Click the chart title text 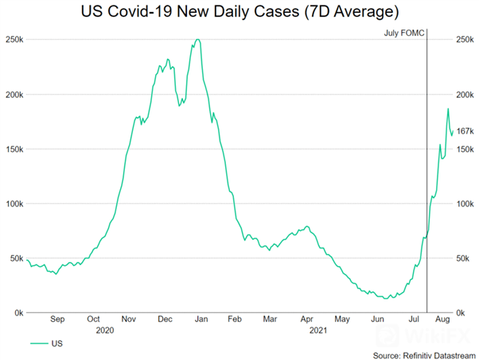coord(239,13)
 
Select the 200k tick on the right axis coord(465,95)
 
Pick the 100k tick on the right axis coord(465,204)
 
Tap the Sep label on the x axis coord(57,319)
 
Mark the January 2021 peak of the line coord(197,40)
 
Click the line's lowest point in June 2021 coord(387,298)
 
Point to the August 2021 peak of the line coord(448,109)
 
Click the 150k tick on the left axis coord(14,149)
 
